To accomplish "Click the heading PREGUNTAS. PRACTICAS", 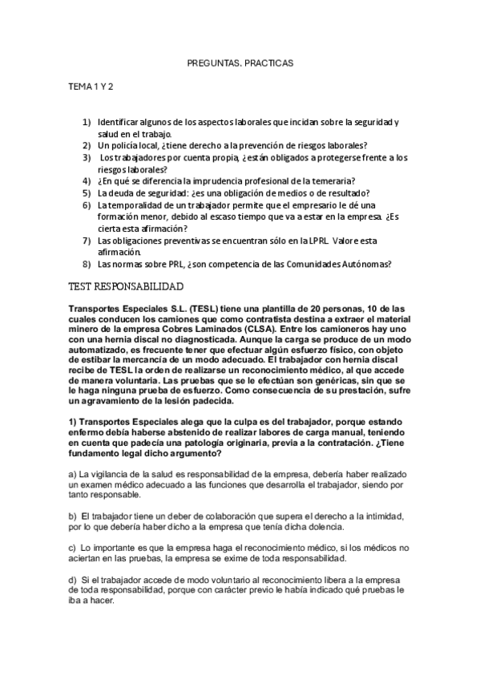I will (240, 61).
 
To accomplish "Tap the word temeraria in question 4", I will (333, 180).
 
